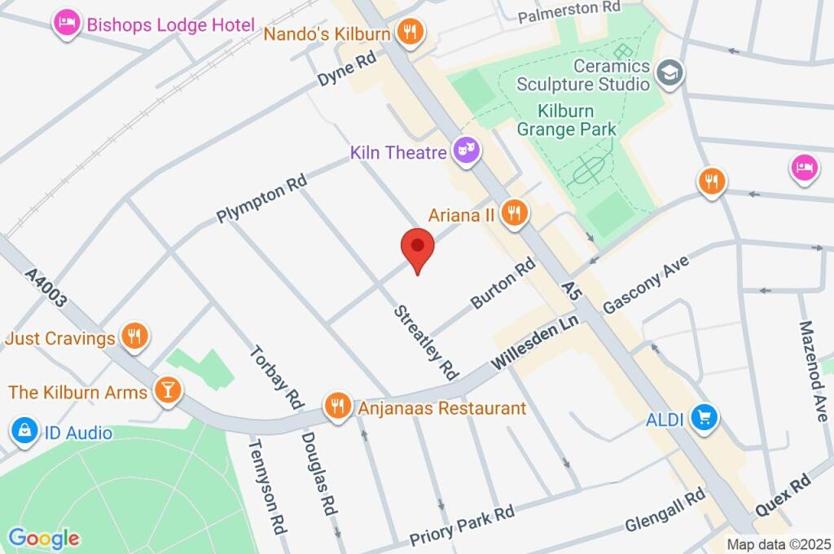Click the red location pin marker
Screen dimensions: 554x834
tap(417, 248)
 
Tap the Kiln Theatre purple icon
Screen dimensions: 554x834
tap(465, 151)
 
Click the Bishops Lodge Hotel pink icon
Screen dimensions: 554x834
tap(66, 24)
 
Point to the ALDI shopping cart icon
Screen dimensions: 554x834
tap(702, 418)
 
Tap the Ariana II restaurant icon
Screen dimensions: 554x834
tap(514, 214)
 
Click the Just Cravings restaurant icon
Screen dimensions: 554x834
tap(134, 335)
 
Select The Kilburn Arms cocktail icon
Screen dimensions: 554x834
tap(167, 390)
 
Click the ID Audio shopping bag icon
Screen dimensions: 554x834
tap(24, 431)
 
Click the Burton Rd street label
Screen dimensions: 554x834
tap(503, 284)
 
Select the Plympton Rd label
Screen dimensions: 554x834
tap(261, 198)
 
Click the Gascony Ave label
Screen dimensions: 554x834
tap(646, 284)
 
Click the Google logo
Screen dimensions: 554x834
tap(44, 538)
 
